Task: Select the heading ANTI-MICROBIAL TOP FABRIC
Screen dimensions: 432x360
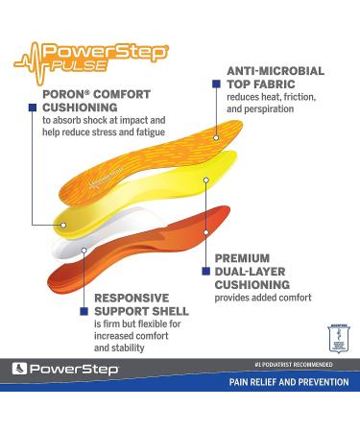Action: coord(274,78)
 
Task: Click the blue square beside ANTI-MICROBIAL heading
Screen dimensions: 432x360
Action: coord(218,84)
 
